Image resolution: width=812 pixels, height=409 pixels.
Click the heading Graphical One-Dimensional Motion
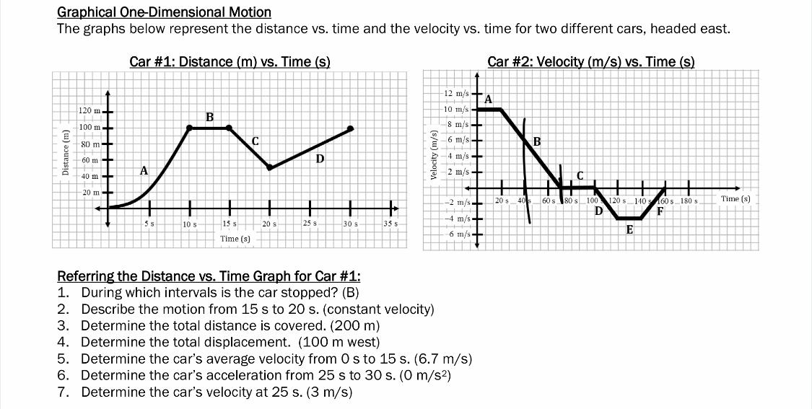point(164,12)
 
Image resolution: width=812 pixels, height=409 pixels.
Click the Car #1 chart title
point(230,61)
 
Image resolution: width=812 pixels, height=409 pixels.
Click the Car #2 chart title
point(590,61)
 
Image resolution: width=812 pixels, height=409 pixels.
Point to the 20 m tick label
point(90,193)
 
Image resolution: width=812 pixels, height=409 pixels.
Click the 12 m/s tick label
point(456,93)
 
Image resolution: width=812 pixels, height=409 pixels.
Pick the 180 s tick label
point(689,200)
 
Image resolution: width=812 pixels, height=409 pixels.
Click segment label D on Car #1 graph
point(320,157)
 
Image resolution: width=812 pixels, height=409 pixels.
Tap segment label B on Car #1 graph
point(209,117)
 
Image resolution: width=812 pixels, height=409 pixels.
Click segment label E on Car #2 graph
point(629,229)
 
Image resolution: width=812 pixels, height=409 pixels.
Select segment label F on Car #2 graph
point(660,211)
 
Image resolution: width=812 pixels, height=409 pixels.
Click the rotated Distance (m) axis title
point(66,152)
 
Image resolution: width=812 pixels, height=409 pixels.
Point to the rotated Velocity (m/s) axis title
point(434,154)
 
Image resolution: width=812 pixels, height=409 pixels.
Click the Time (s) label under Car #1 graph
point(235,238)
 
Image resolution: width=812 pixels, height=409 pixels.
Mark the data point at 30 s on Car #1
point(352,129)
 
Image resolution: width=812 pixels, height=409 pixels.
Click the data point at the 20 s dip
point(270,167)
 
